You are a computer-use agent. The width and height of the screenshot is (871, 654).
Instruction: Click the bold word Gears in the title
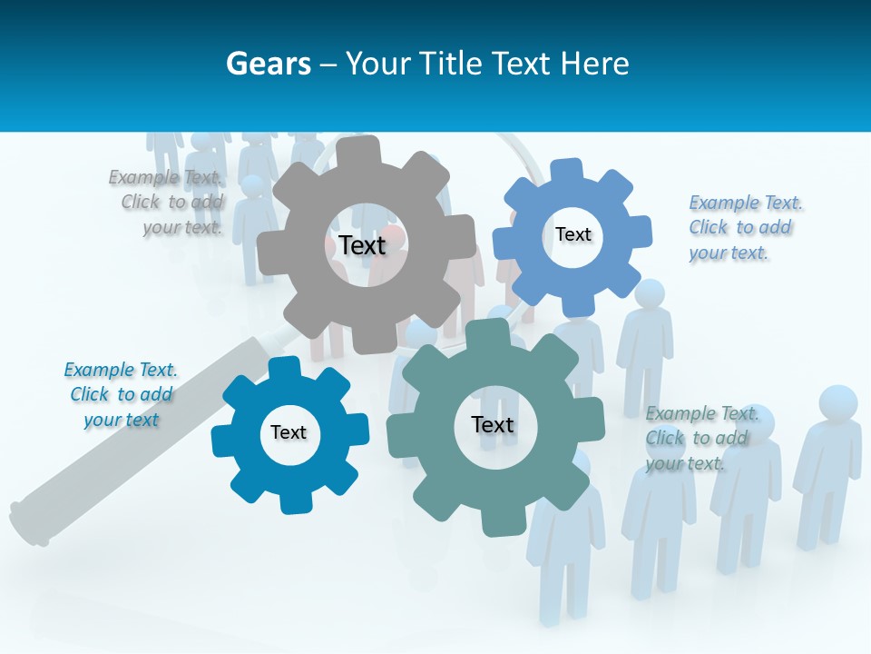pos(268,64)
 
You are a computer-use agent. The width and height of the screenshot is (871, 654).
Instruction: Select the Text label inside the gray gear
pos(362,245)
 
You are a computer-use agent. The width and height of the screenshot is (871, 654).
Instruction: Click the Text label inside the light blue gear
pos(573,234)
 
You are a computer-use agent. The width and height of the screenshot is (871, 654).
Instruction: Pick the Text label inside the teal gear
pos(493,424)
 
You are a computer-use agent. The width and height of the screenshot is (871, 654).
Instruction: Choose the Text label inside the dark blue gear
pos(289,432)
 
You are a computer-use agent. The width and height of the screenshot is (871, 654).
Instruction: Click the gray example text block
pos(167,203)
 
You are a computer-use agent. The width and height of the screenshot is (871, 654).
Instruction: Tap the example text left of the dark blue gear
pos(121,395)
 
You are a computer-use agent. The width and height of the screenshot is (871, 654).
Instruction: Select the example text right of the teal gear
pos(700,438)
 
